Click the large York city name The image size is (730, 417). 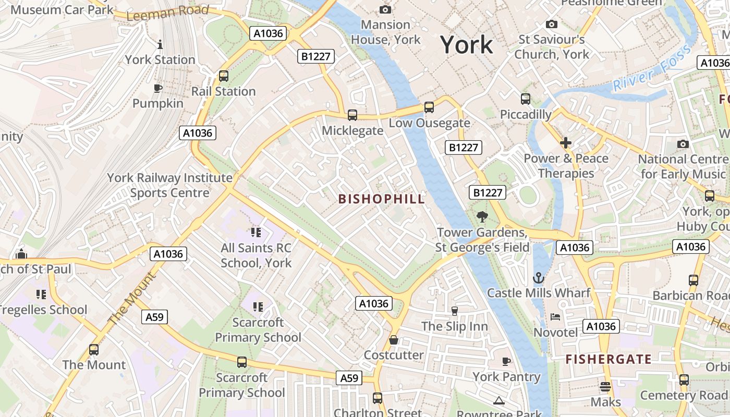[466, 45]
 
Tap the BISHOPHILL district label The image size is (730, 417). [382, 199]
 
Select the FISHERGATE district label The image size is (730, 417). [609, 359]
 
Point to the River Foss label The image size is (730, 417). [652, 68]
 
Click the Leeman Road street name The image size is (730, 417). [167, 13]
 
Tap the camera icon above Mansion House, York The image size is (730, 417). [385, 9]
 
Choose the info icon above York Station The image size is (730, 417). [160, 44]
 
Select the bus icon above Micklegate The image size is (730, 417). [352, 115]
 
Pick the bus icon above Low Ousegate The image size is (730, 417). [429, 107]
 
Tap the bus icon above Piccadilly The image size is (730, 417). [526, 99]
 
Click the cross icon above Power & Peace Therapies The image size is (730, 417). [566, 143]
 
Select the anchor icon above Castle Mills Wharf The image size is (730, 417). [539, 277]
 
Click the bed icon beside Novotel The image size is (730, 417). [555, 317]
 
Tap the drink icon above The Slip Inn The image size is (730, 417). [455, 311]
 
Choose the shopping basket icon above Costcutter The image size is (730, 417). [394, 340]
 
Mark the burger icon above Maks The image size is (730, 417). [605, 387]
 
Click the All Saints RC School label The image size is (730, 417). [256, 255]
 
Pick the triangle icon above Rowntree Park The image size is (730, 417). [499, 400]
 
